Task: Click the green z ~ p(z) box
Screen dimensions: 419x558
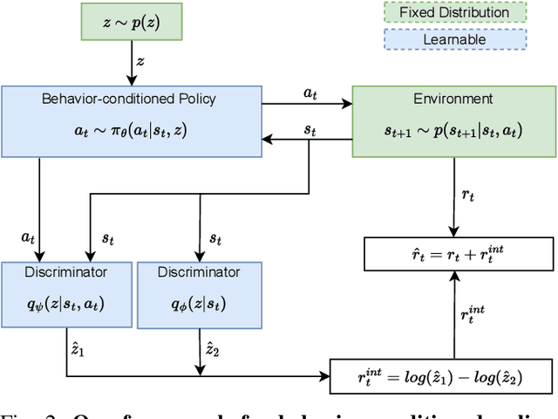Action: [131, 22]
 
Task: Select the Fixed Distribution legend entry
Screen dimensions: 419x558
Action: [455, 13]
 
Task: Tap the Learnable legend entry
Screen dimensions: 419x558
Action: [455, 39]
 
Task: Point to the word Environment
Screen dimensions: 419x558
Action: [453, 99]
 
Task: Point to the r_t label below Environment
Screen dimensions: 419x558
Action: [468, 196]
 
